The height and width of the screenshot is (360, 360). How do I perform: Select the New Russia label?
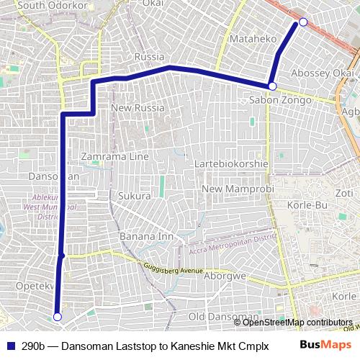[138, 108]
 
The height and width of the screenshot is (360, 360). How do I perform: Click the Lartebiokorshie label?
[232, 164]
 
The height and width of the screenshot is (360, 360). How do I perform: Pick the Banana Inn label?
[147, 236]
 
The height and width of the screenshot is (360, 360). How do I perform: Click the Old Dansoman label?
[222, 317]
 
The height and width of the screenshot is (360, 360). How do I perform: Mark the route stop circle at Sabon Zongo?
[272, 86]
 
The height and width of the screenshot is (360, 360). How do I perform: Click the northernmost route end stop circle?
[303, 22]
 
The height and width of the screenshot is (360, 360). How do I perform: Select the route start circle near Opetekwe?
[58, 316]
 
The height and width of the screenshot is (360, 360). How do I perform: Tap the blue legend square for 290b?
[11, 346]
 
